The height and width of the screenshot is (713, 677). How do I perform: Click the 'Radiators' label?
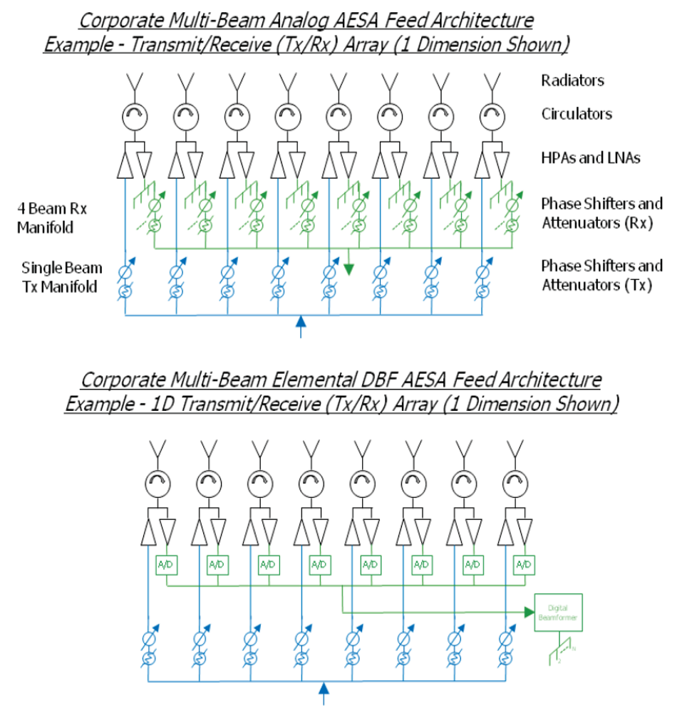[572, 80]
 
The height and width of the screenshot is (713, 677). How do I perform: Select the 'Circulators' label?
[577, 114]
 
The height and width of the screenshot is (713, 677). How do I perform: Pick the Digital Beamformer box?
[559, 612]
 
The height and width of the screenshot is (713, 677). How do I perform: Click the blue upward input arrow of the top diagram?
[300, 325]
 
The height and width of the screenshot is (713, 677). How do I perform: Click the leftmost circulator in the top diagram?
[133, 115]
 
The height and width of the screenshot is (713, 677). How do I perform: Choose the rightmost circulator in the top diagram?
[490, 115]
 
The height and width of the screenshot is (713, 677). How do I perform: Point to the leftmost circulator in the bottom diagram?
[157, 484]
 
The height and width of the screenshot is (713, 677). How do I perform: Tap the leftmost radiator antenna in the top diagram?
[133, 81]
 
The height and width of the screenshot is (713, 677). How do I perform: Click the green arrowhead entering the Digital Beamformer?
[529, 611]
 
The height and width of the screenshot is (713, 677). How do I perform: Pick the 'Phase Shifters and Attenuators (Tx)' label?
[601, 276]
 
